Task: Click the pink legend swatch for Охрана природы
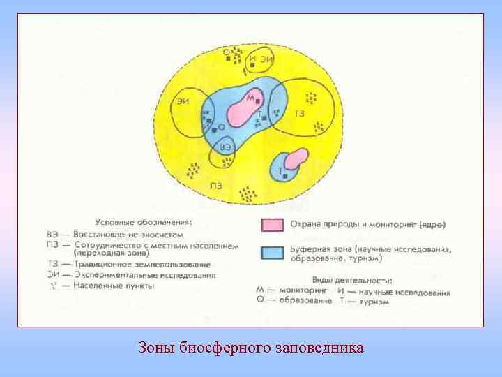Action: (273, 225)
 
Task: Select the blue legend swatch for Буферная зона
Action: (273, 252)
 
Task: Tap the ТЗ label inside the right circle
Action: (299, 113)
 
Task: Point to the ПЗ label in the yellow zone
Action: (216, 186)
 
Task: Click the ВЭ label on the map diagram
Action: (225, 147)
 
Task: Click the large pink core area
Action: (241, 110)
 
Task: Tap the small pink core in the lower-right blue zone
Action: (296, 158)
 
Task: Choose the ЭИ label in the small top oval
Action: (266, 59)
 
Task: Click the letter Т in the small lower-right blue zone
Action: (280, 170)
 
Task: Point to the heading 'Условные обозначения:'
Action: (145, 222)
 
